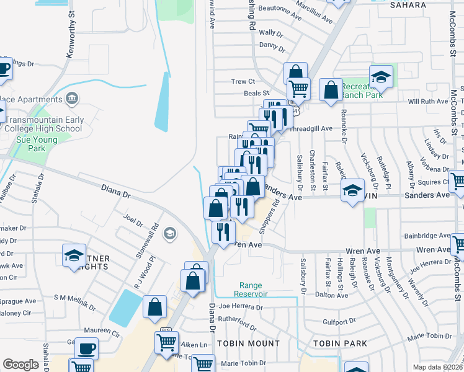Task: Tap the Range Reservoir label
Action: (252, 290)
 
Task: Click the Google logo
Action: (20, 364)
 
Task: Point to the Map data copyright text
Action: (437, 367)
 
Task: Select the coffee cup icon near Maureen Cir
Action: (86, 348)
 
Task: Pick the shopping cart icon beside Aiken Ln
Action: (166, 342)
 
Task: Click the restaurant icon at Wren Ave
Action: (223, 231)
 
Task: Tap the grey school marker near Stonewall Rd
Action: (169, 234)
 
